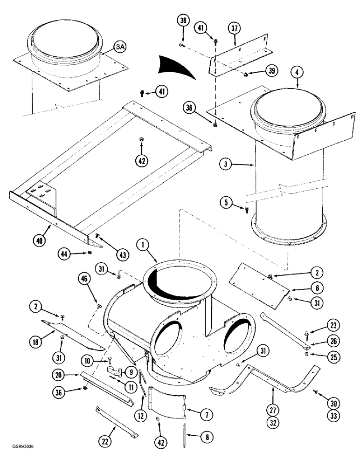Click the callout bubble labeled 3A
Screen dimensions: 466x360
[x=119, y=48]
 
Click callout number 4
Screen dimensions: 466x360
[x=297, y=72]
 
